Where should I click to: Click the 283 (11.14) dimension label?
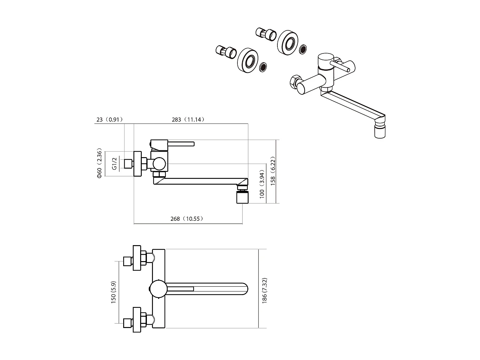(x=188, y=120)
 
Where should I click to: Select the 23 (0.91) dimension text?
(x=109, y=120)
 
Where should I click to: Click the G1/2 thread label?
(x=114, y=164)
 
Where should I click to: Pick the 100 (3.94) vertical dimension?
(x=262, y=185)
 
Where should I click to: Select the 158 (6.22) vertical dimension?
(x=273, y=172)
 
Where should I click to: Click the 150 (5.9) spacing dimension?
(x=113, y=292)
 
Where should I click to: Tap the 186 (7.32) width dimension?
(x=265, y=291)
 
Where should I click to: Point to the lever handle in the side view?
(x=181, y=144)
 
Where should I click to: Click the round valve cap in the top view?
(x=158, y=289)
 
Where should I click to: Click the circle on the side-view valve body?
(x=159, y=164)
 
